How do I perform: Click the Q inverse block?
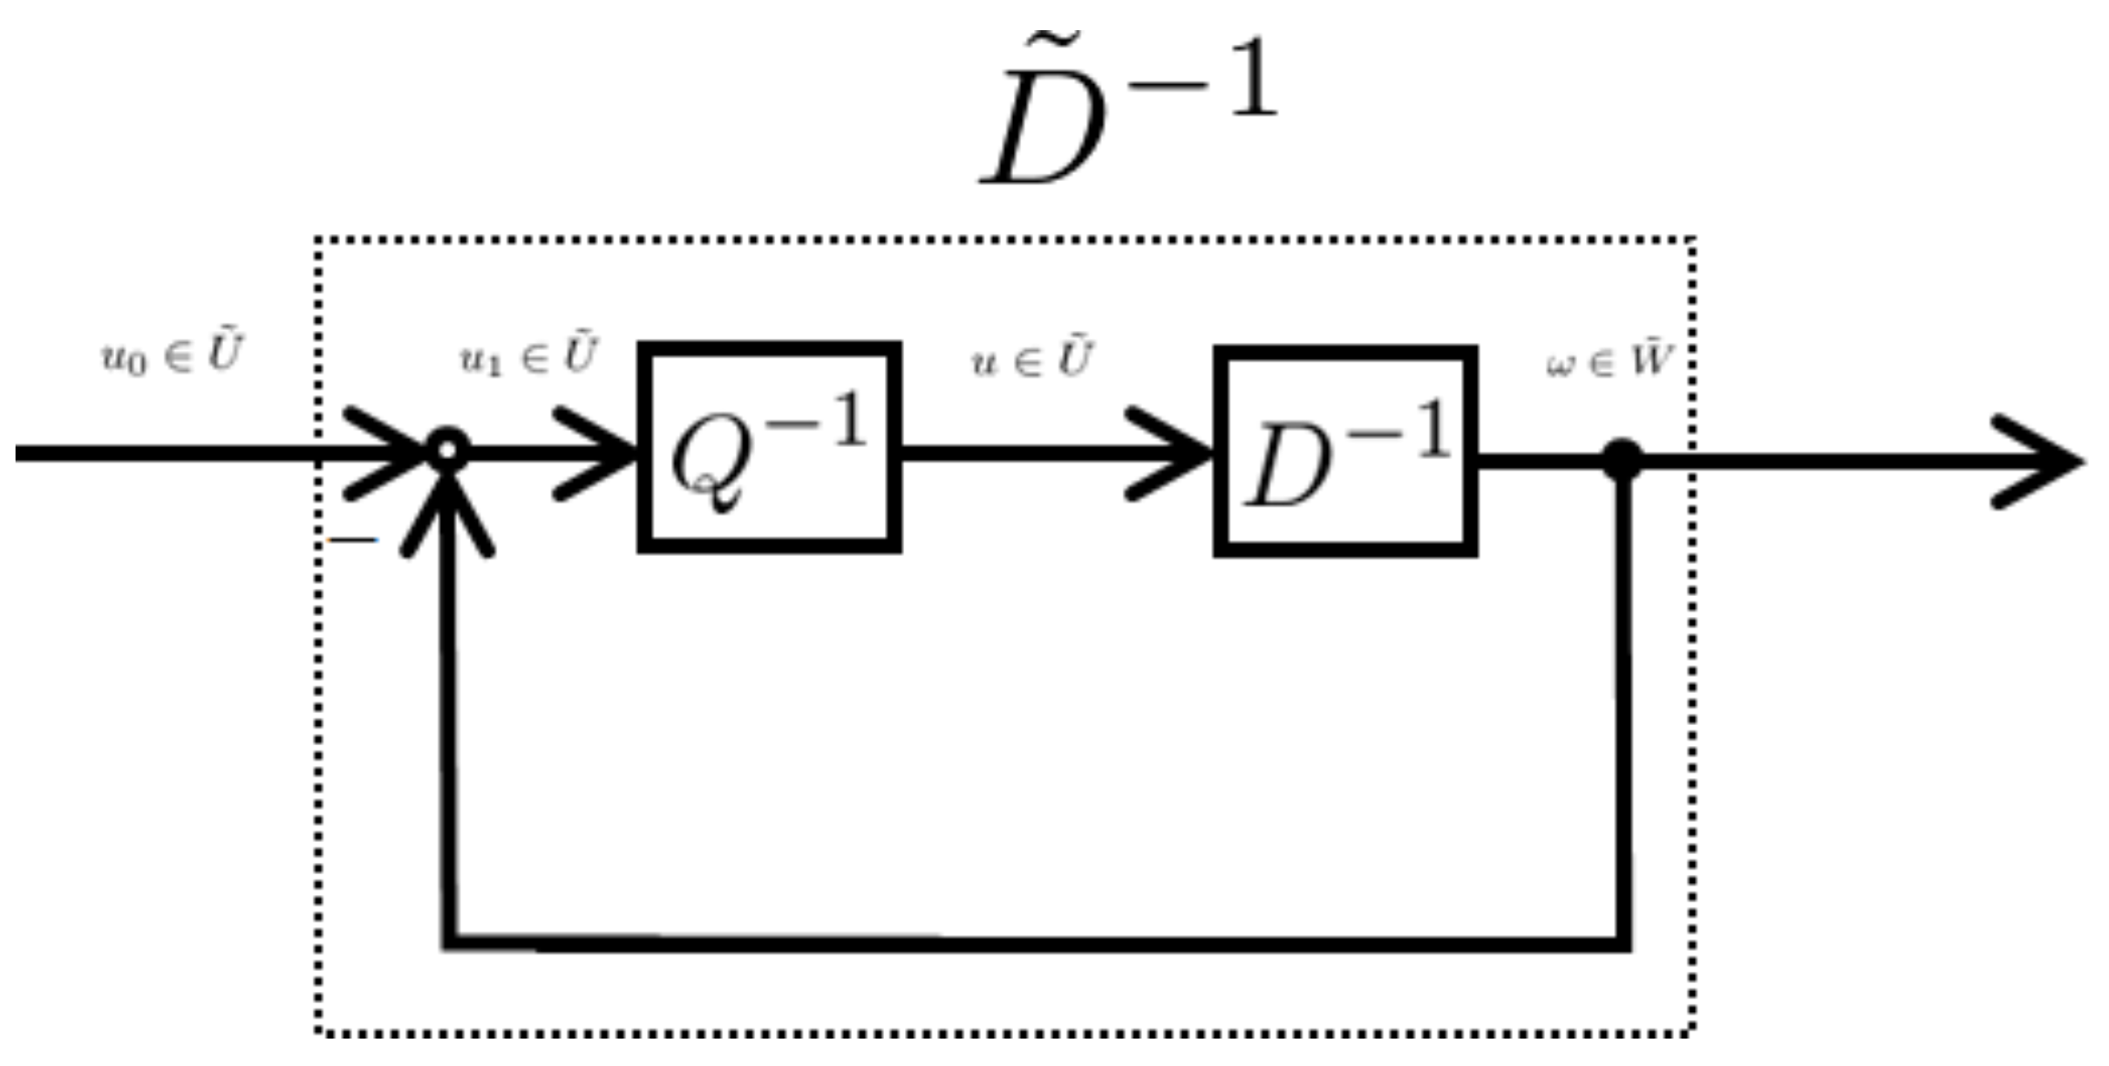pyautogui.click(x=770, y=447)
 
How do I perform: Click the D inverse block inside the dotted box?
pyautogui.click(x=1345, y=451)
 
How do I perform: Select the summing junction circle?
pyautogui.click(x=448, y=450)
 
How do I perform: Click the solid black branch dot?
pyautogui.click(x=1623, y=459)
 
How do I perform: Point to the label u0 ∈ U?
pyautogui.click(x=171, y=355)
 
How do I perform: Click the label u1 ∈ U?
pyautogui.click(x=528, y=357)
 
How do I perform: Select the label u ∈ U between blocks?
pyautogui.click(x=1031, y=359)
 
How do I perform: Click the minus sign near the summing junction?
pyautogui.click(x=354, y=540)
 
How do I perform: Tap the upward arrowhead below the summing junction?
pyautogui.click(x=447, y=517)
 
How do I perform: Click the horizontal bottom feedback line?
pyautogui.click(x=1033, y=942)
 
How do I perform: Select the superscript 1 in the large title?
pyautogui.click(x=1252, y=78)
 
